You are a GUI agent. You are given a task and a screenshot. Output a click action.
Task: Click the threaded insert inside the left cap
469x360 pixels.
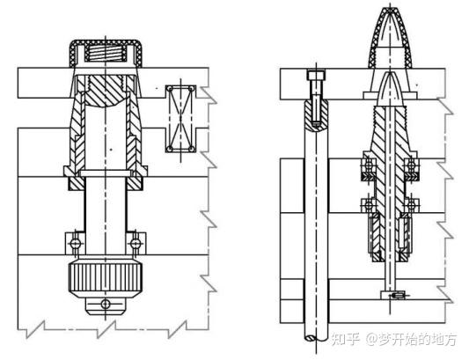[x=106, y=53]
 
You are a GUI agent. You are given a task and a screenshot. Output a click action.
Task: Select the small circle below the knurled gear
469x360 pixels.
[x=106, y=305]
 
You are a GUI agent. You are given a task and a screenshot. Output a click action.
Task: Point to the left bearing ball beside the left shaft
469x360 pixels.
[x=75, y=243]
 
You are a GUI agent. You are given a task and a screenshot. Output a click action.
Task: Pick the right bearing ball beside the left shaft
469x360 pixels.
[x=136, y=243]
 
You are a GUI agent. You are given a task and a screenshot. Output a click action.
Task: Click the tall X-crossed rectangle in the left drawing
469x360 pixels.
[x=180, y=119]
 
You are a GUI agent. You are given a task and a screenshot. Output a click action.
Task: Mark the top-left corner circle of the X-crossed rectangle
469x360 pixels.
[x=170, y=89]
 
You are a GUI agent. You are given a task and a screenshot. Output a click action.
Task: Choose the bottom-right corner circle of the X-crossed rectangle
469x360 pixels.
[x=192, y=149]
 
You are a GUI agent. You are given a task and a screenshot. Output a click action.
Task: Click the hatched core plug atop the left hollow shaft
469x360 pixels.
[x=106, y=91]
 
